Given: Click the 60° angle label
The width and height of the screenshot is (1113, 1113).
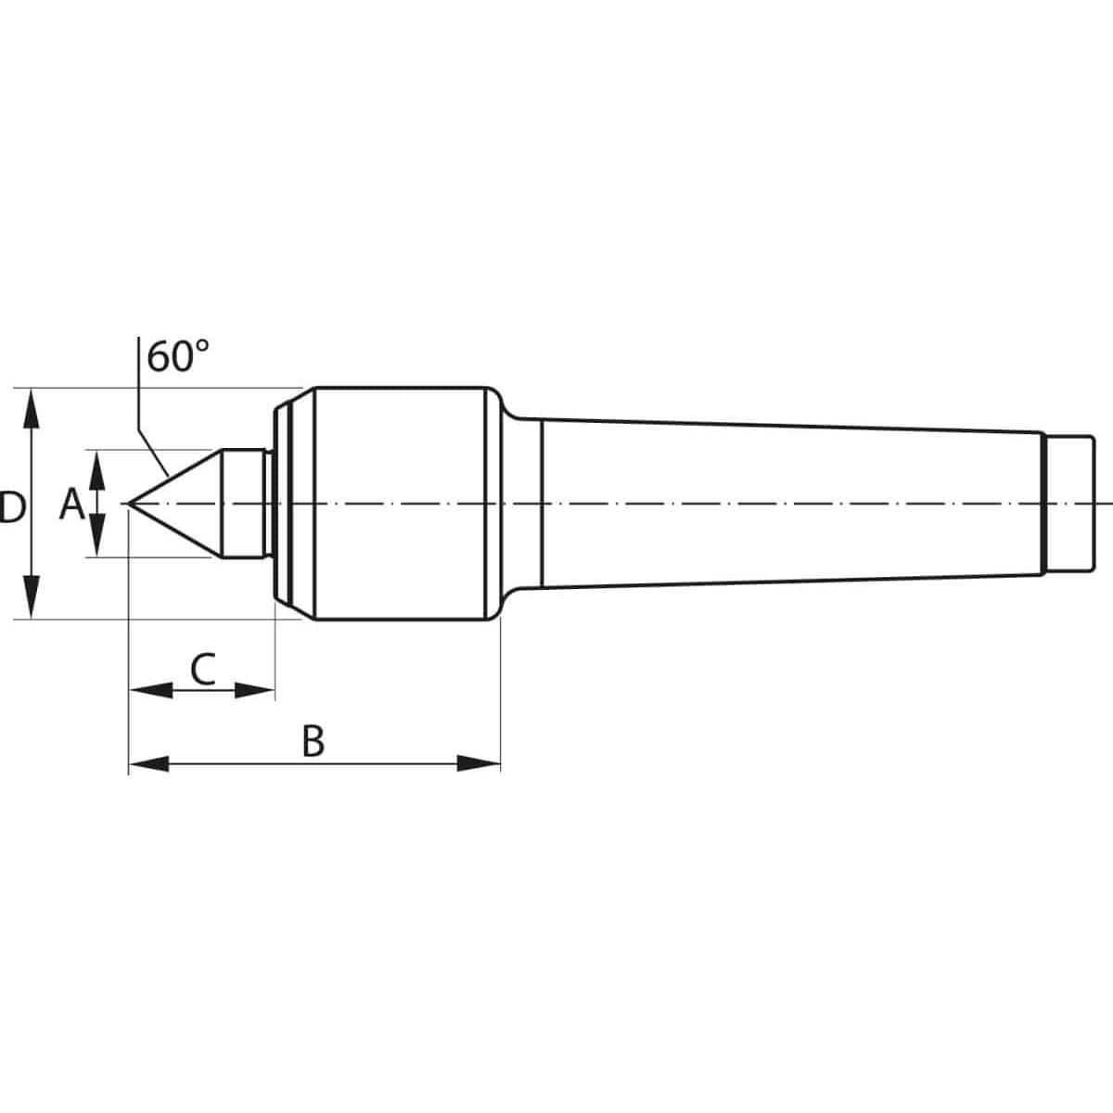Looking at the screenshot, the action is point(177,356).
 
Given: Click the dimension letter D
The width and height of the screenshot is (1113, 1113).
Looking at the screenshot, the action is point(11,507).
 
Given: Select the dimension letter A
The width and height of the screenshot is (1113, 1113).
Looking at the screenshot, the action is point(72,504).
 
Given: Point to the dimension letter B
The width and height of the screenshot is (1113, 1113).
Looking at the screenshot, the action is point(313,741).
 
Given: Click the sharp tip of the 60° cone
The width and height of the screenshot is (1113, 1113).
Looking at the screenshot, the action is point(129,504).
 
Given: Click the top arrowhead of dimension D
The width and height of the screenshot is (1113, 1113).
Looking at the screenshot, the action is point(32,410).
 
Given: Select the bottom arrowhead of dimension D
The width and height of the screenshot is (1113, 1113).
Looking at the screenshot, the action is point(32,598).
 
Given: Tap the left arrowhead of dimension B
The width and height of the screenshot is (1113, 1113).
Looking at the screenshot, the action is point(149,763).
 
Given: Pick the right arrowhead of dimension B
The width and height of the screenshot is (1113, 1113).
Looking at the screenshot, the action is point(479,763).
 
